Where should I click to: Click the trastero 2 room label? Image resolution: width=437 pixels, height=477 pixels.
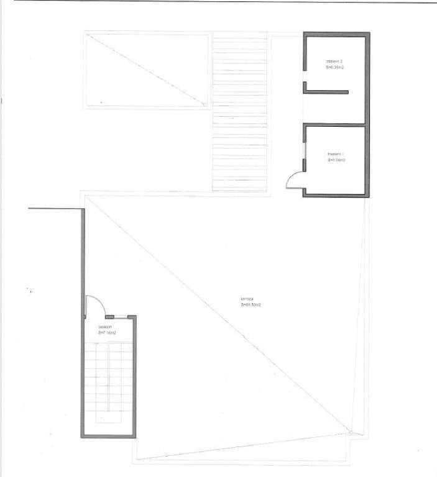click(335, 61)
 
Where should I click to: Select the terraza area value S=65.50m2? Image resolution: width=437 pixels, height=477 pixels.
click(251, 305)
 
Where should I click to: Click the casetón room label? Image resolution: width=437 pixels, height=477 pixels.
click(104, 327)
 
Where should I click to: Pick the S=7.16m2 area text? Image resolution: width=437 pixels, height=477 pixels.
click(107, 333)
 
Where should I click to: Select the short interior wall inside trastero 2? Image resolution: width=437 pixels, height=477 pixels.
click(327, 92)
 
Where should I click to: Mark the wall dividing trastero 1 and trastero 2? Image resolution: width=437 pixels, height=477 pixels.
click(334, 125)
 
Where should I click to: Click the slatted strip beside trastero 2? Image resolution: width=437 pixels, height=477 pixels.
click(240, 112)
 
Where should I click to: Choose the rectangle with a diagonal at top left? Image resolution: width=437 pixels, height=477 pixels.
click(147, 70)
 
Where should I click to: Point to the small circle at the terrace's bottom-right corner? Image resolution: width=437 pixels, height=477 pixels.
click(351, 433)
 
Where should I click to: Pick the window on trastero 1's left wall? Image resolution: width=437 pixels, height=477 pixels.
click(304, 152)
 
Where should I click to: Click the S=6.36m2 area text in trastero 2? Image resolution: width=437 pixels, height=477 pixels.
click(335, 68)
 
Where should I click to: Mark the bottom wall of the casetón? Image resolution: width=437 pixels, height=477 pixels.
click(108, 436)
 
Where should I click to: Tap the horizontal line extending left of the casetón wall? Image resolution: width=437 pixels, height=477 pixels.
click(55, 209)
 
